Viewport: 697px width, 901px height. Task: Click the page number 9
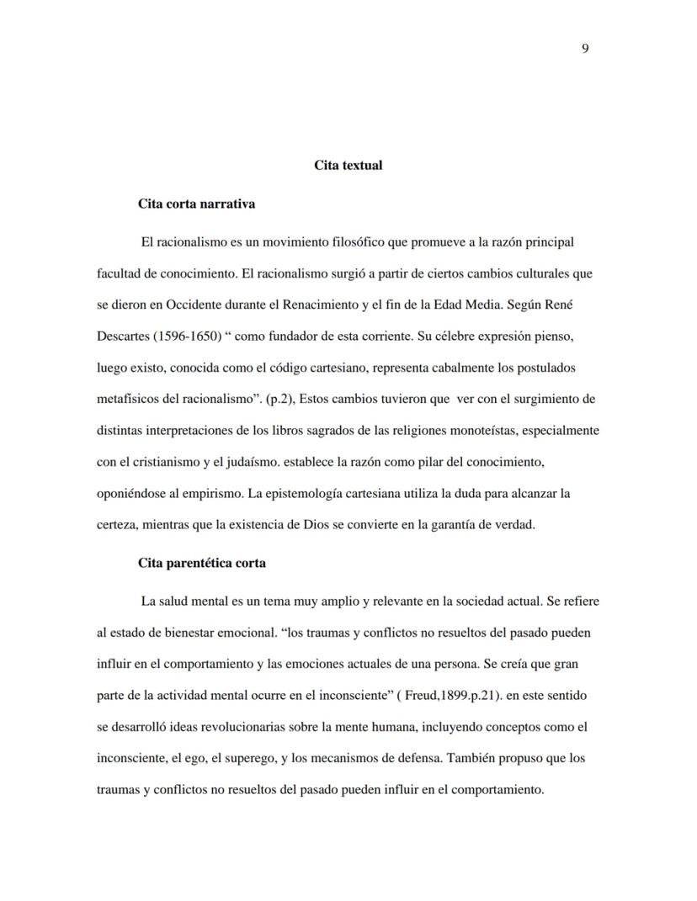pyautogui.click(x=585, y=48)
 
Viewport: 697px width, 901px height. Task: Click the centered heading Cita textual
pyautogui.click(x=348, y=165)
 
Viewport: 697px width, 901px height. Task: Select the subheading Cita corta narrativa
pyautogui.click(x=196, y=204)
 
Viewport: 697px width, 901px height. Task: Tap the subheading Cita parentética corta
pyautogui.click(x=201, y=563)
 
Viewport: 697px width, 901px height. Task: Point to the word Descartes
pyautogui.click(x=119, y=337)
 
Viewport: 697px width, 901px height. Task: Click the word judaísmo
pyautogui.click(x=258, y=462)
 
